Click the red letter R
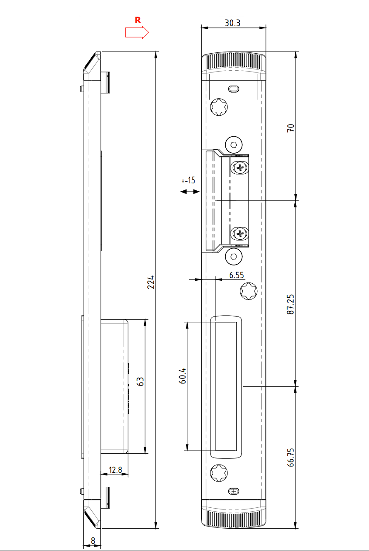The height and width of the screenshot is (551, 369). tap(138, 20)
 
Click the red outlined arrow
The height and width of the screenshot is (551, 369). tap(137, 32)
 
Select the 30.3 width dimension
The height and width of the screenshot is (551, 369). tap(232, 23)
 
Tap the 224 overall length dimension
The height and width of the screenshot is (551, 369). tap(151, 282)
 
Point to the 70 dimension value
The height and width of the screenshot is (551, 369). tap(290, 128)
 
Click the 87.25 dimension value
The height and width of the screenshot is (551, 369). tap(290, 304)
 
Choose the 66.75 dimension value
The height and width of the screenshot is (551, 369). tap(290, 457)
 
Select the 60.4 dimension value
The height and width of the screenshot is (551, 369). tap(182, 376)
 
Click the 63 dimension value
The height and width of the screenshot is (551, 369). tap(140, 382)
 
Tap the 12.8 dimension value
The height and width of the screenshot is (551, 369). tap(115, 470)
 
